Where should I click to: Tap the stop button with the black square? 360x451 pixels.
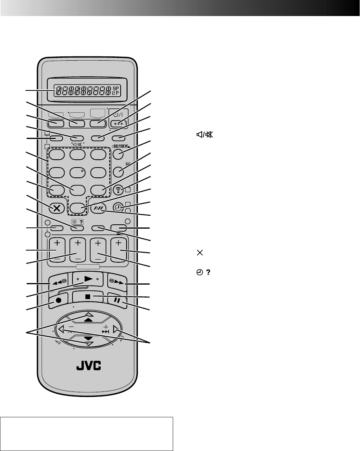coord(87,296)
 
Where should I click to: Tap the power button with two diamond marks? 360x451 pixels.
coord(117,123)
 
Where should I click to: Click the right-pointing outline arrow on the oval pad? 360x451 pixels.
coord(116,330)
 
